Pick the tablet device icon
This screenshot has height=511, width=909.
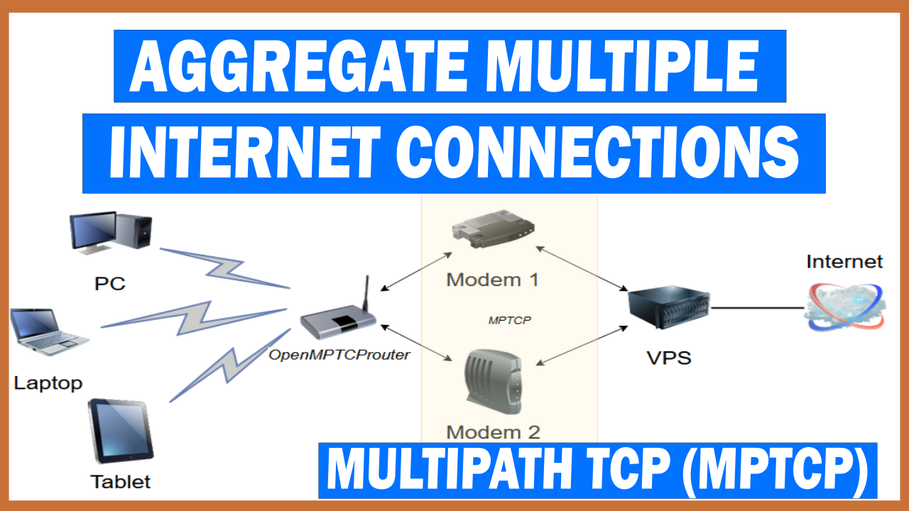pos(120,431)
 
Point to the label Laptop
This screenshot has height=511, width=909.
pos(48,384)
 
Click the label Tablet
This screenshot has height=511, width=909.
pos(121,482)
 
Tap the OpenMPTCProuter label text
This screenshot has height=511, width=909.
pos(339,355)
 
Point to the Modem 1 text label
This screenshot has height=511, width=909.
pos(492,279)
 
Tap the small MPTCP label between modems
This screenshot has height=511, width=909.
pos(510,320)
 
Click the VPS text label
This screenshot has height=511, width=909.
pos(669,357)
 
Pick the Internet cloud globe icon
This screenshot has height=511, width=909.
pos(845,306)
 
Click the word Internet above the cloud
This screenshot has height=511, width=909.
pos(844,261)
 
